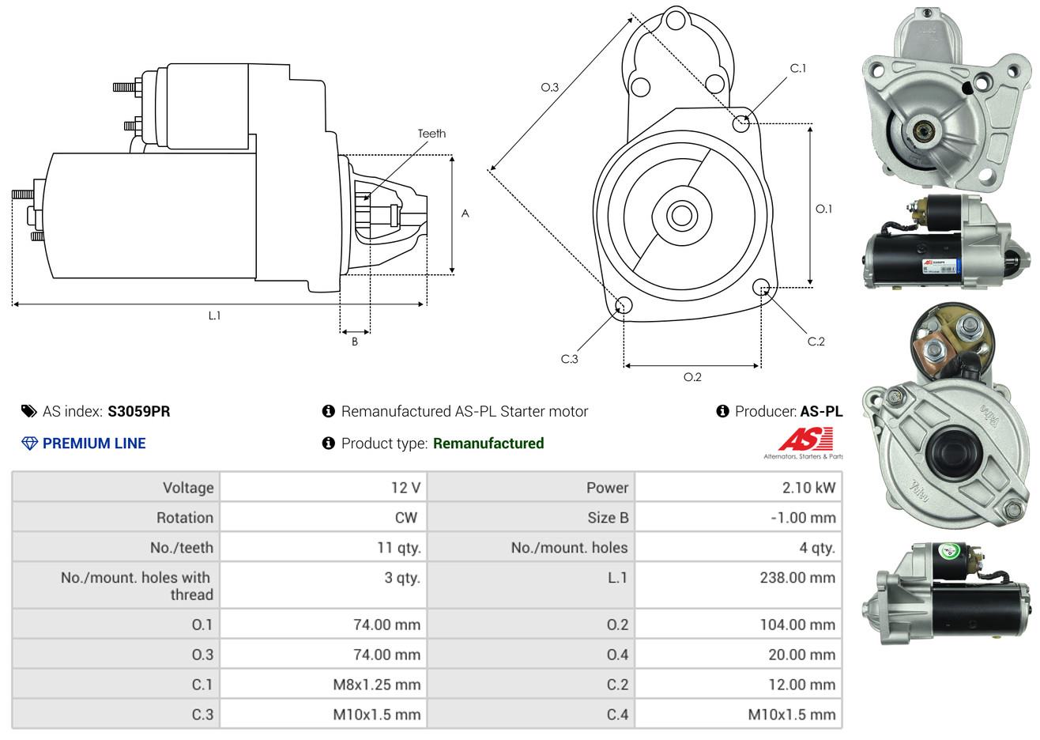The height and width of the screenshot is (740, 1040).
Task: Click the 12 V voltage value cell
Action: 405,487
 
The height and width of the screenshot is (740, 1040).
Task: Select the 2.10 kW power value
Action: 808,487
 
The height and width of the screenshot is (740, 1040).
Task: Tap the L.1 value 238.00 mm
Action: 797,577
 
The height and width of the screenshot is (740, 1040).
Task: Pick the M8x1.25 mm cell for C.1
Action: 376,685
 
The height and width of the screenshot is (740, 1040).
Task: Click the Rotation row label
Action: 184,517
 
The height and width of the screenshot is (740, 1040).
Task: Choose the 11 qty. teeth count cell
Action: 398,547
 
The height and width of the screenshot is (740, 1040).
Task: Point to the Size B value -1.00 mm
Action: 802,517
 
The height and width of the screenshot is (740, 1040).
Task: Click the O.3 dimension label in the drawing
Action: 549,87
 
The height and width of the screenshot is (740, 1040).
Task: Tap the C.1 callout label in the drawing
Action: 798,68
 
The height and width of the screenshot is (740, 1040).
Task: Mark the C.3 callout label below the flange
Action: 569,359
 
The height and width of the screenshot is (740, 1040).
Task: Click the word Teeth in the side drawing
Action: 431,133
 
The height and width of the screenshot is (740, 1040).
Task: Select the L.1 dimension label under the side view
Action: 214,315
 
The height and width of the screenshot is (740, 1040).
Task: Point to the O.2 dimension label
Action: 692,377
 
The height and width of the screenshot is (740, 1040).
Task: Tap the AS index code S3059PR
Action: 139,411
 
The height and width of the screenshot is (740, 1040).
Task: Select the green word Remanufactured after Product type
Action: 488,443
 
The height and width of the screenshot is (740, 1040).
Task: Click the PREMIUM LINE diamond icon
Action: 29,443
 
